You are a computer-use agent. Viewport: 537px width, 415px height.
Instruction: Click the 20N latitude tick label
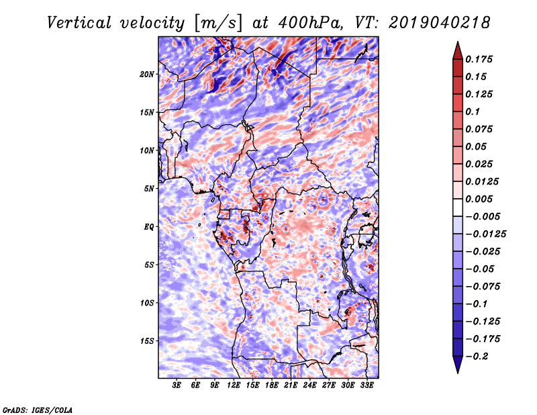click(146, 75)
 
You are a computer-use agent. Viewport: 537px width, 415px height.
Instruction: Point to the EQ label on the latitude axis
click(148, 227)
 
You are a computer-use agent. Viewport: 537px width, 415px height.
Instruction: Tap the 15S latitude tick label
click(146, 341)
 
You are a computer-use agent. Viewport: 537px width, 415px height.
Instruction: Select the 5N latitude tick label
click(148, 189)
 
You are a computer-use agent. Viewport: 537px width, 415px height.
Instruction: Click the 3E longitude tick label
click(177, 385)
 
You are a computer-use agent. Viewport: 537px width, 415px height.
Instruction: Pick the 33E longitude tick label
click(367, 385)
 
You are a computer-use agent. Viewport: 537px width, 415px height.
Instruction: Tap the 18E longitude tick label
click(272, 385)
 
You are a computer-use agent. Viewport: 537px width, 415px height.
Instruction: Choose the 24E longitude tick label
click(309, 385)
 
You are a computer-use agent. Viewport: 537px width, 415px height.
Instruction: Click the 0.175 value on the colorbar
click(479, 59)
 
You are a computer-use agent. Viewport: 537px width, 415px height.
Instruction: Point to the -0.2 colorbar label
click(477, 357)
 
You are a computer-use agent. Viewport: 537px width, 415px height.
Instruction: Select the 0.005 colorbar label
click(479, 199)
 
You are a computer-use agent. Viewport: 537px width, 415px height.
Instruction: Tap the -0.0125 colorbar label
click(485, 234)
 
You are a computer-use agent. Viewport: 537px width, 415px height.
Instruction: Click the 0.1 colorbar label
click(473, 111)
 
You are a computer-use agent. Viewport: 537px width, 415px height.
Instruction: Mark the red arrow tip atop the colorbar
click(458, 42)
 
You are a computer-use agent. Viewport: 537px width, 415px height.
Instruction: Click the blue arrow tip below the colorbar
click(458, 373)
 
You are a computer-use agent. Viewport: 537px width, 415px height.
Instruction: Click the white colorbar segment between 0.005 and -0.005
click(458, 207)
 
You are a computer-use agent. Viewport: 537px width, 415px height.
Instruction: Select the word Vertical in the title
click(79, 23)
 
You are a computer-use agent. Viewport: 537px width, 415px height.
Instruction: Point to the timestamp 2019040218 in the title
click(440, 23)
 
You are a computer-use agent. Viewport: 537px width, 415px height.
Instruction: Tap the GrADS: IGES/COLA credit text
click(38, 410)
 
